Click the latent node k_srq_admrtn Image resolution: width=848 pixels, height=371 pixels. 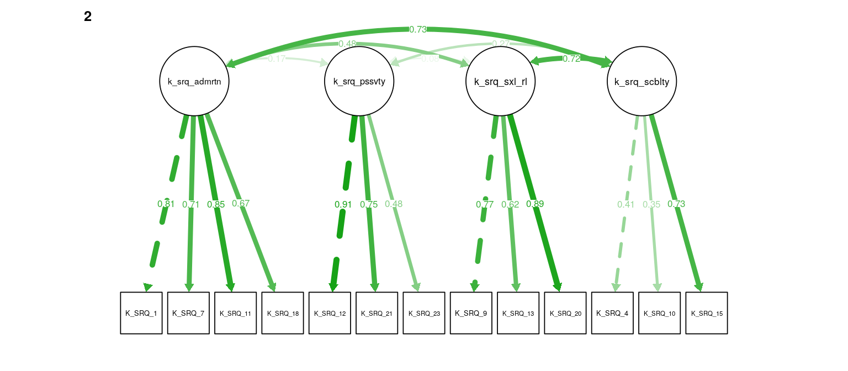tap(194, 82)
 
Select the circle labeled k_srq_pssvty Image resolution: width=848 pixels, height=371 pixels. tap(359, 82)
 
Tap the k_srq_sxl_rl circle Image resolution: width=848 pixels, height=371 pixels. tap(501, 82)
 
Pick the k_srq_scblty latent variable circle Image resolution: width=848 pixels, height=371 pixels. tap(642, 82)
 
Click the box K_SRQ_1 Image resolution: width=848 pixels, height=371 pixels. tap(141, 313)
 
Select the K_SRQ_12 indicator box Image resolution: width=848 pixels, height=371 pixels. tap(330, 313)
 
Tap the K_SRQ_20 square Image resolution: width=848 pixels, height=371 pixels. tap(565, 313)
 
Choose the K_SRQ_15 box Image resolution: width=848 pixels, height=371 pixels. tap(707, 313)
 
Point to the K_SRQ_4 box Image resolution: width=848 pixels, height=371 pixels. tap(612, 313)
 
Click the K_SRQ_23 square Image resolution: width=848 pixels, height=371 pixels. tap(424, 313)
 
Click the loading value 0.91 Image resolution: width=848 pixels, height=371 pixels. tap(343, 204)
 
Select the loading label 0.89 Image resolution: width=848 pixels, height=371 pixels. tap(535, 204)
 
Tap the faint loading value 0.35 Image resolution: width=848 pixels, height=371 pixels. tap(651, 204)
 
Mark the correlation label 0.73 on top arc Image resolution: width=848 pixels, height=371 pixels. tap(418, 29)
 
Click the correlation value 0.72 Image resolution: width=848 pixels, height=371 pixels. tap(571, 59)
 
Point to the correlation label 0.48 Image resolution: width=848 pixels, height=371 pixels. tap(347, 44)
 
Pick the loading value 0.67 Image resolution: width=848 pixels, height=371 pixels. tap(241, 203)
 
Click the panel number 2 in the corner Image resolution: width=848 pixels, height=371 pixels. tap(88, 17)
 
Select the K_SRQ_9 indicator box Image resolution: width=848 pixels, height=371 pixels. tap(471, 313)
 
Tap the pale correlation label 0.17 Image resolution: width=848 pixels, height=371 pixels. tap(277, 59)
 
